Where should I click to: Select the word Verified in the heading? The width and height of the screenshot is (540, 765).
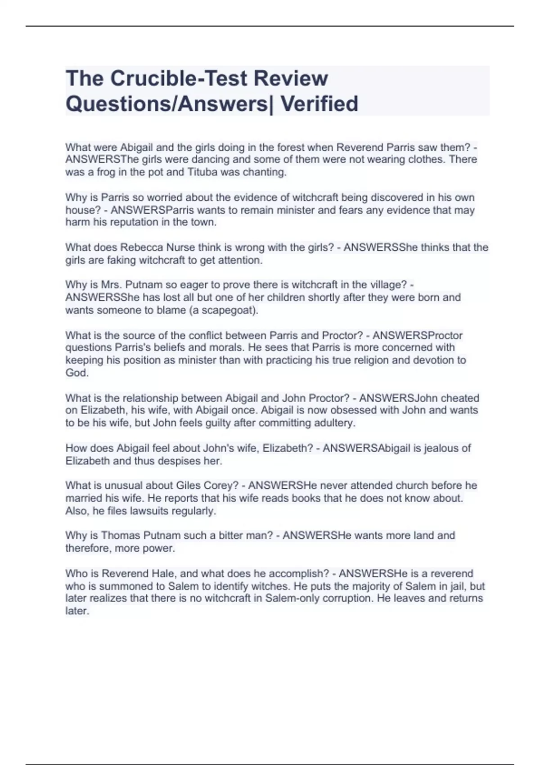point(319,103)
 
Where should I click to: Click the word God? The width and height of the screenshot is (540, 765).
point(76,373)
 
